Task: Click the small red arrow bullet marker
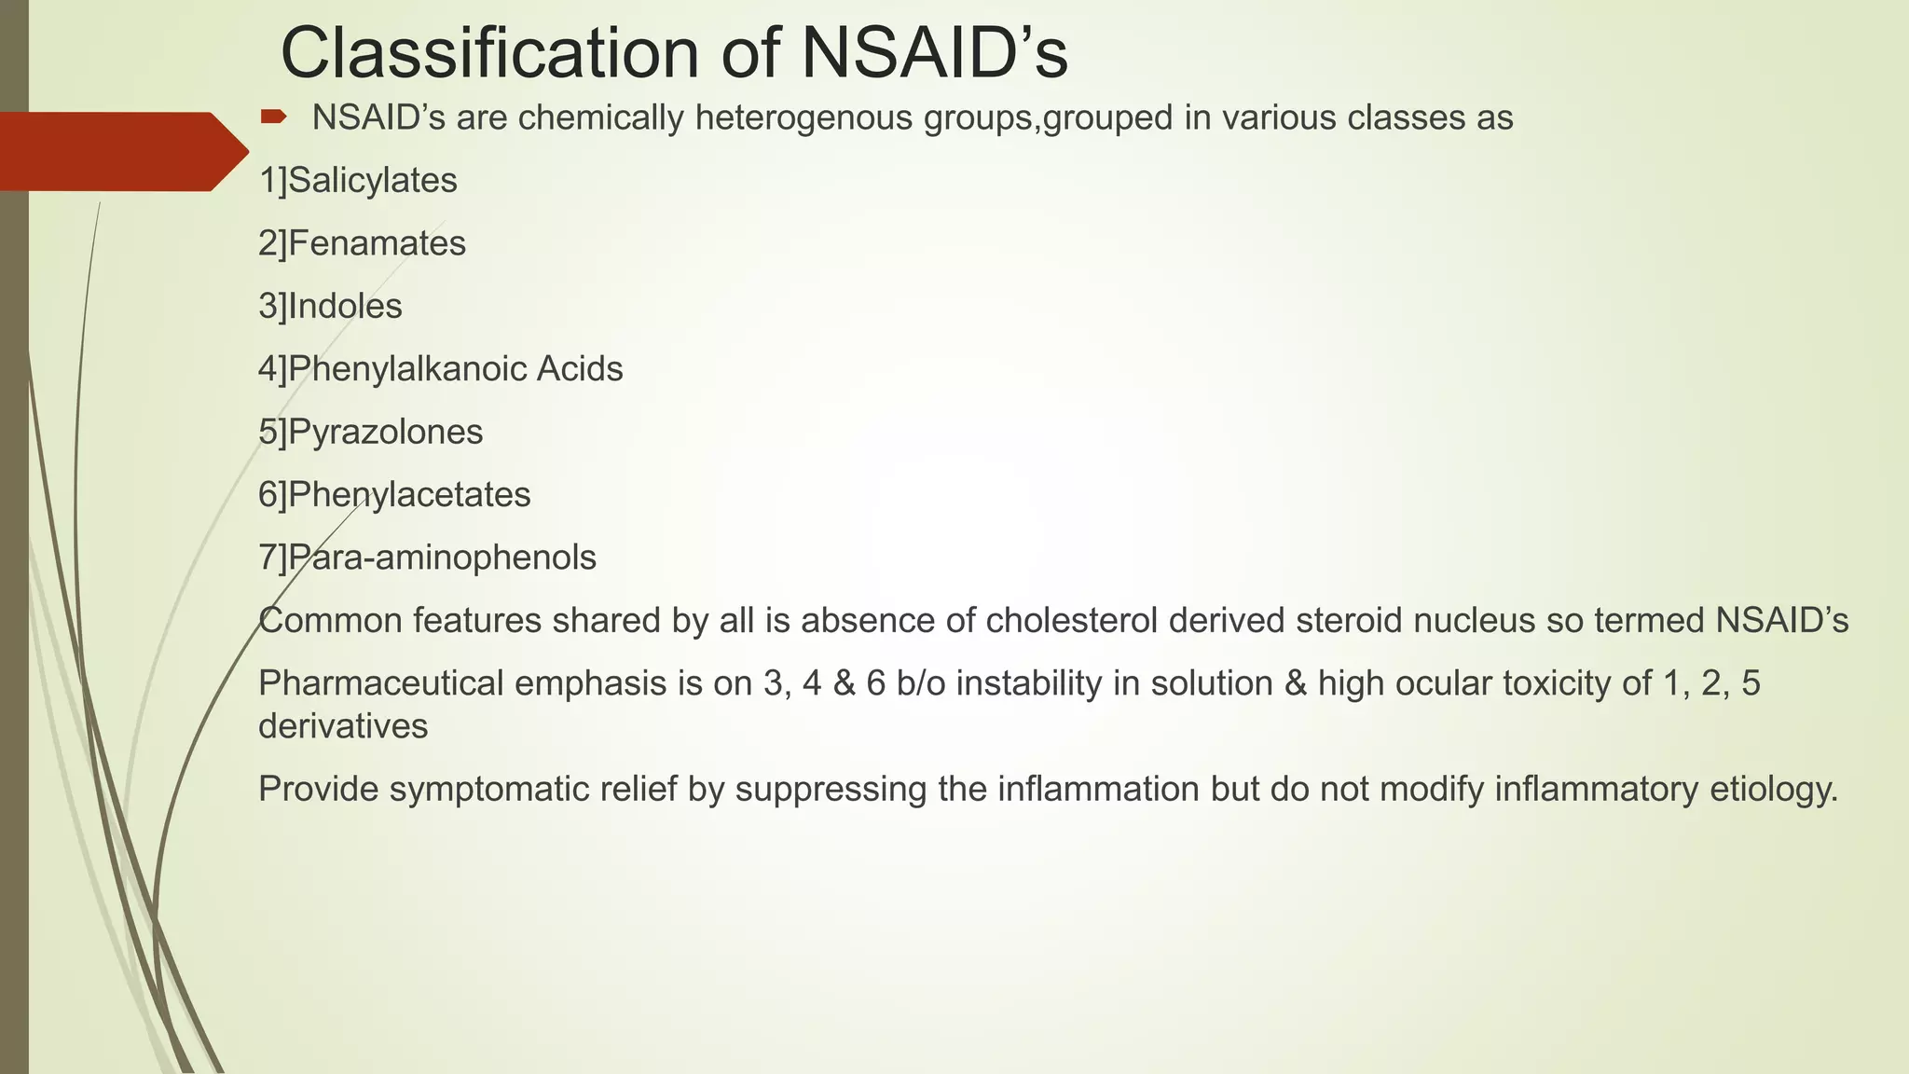click(x=273, y=117)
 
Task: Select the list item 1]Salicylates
click(x=358, y=180)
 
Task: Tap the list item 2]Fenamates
click(x=362, y=243)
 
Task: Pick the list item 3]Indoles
click(x=330, y=306)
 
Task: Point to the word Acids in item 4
click(x=579, y=369)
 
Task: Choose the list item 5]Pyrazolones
click(x=370, y=432)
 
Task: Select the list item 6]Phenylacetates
click(x=394, y=494)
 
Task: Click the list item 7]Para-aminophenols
click(x=427, y=558)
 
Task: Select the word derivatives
click(x=343, y=725)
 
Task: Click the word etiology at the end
click(x=1774, y=789)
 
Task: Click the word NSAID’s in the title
click(x=934, y=54)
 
